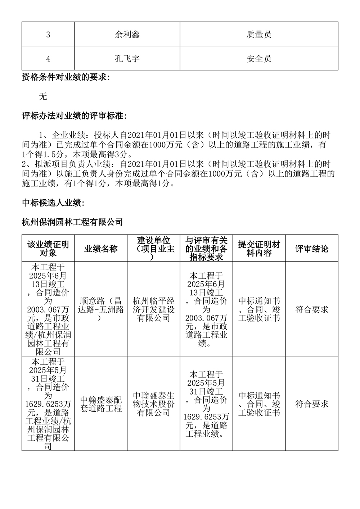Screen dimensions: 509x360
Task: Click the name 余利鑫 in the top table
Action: [x=127, y=34]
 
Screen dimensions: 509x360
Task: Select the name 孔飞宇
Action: [x=127, y=58]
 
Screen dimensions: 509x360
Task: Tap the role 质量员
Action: [x=259, y=34]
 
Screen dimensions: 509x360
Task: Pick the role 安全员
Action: [x=259, y=58]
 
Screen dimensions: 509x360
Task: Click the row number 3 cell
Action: [x=48, y=35]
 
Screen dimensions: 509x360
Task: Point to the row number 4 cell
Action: [x=48, y=59]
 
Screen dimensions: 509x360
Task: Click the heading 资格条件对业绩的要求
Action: [x=66, y=77]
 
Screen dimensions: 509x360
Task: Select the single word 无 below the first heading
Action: [x=43, y=96]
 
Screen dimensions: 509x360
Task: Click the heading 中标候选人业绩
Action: [x=53, y=203]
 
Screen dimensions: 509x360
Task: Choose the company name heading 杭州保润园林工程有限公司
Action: [x=72, y=222]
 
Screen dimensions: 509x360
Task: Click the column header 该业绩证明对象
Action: [x=48, y=249]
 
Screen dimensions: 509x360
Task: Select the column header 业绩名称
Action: [x=101, y=249]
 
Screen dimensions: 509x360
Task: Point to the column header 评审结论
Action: [x=312, y=249]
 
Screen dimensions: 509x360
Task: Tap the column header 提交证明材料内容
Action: [x=259, y=249]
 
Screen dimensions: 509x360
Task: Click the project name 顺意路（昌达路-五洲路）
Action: [x=101, y=309]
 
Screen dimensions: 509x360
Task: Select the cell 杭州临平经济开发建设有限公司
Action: [x=153, y=309]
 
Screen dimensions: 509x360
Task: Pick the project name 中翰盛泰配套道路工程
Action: [x=101, y=404]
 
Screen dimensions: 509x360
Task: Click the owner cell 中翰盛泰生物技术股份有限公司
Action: [x=153, y=404]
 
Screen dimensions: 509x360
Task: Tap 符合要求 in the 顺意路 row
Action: [x=312, y=309]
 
